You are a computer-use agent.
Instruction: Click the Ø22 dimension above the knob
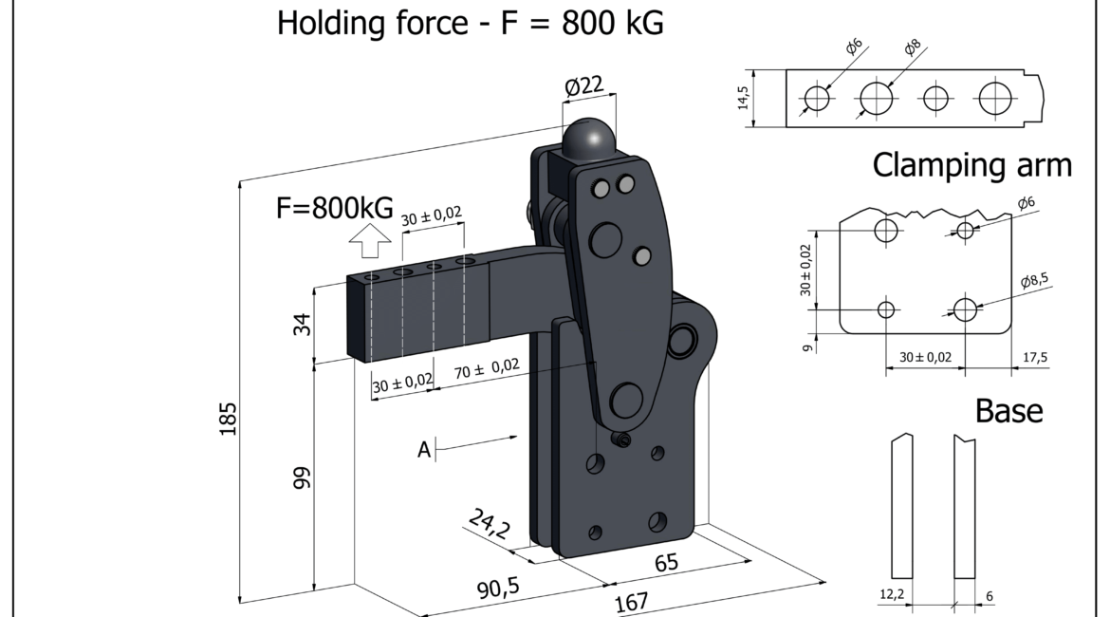pos(584,86)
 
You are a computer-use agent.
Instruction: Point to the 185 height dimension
pos(228,419)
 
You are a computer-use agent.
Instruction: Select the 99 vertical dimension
pos(303,477)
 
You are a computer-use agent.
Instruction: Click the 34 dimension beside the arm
pos(303,325)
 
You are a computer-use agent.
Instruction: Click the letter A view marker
pos(424,450)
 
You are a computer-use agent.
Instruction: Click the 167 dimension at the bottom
pos(631,602)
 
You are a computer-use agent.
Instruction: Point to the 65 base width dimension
pos(666,563)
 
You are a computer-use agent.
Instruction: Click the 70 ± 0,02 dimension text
pos(487,368)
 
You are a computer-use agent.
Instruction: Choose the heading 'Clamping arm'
pos(971,166)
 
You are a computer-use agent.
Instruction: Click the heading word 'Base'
pos(1008,411)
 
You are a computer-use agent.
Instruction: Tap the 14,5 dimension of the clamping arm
pos(743,98)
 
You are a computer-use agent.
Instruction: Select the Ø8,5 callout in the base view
pos(1034,281)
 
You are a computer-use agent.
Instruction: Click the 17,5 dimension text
pos(1035,358)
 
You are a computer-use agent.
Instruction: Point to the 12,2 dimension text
pos(892,594)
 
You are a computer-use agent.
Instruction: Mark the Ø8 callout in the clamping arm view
pos(913,47)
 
